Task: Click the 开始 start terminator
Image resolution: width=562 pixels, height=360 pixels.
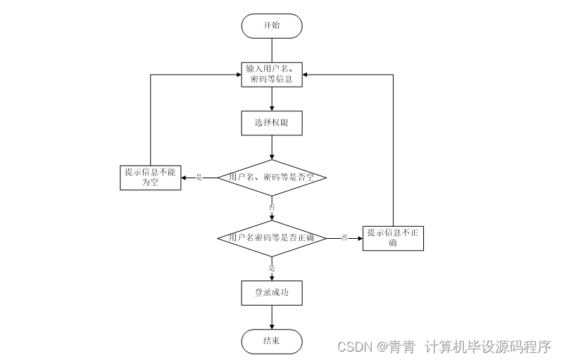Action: (x=271, y=25)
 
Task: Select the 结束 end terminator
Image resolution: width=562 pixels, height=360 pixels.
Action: (x=271, y=341)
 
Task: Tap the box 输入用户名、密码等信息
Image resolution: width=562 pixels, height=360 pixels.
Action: (x=271, y=75)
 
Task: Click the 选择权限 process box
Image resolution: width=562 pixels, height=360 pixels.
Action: (x=271, y=123)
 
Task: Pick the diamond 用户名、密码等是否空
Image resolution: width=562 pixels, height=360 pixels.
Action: (x=271, y=178)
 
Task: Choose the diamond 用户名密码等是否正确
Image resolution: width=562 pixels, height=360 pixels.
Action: (x=271, y=238)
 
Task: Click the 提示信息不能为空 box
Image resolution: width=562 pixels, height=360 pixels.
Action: (x=150, y=178)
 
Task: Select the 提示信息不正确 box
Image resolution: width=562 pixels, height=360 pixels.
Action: (x=393, y=238)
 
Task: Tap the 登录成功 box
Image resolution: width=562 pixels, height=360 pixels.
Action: (x=271, y=292)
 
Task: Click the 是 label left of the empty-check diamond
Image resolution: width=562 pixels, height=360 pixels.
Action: (x=199, y=178)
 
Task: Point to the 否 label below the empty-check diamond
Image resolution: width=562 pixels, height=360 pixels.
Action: (x=271, y=207)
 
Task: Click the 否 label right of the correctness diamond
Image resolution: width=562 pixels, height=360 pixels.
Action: (x=344, y=238)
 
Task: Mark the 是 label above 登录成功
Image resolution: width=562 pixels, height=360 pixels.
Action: (x=271, y=268)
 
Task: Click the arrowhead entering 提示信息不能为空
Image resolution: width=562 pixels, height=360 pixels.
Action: (x=183, y=178)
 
